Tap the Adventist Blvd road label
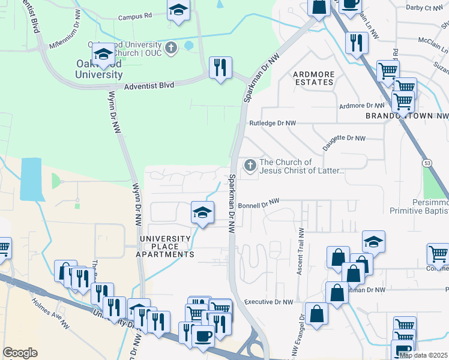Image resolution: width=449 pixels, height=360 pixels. [x=149, y=86]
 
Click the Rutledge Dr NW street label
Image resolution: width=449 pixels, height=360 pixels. [x=273, y=123]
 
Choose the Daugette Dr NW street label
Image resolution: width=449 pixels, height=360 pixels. [x=344, y=138]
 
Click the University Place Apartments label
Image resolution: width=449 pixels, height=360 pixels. [x=167, y=247]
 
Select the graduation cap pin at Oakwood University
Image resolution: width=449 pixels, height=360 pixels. [x=104, y=53]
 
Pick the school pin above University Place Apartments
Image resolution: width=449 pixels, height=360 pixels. [x=203, y=212]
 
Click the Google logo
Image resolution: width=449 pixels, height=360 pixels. [x=20, y=353]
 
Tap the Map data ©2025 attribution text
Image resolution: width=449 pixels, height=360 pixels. [x=423, y=355]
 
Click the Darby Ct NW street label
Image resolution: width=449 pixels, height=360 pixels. [x=424, y=8]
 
